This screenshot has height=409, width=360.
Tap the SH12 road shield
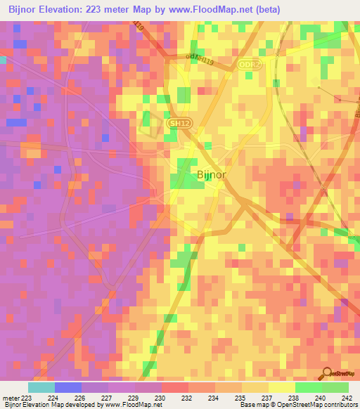[179, 123]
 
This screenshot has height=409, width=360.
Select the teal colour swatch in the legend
[41, 387]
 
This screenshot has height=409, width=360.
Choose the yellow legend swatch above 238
[282, 387]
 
